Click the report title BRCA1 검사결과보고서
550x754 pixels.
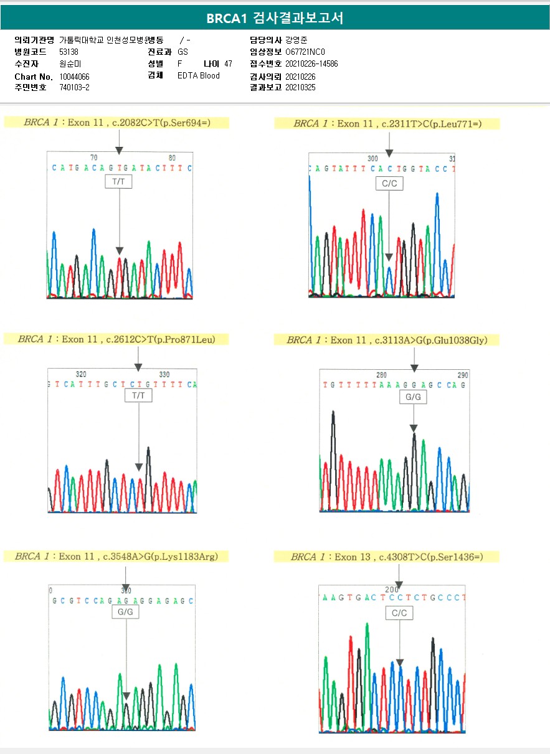point(275,18)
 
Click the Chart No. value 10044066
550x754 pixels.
point(74,77)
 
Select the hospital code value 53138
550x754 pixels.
point(69,52)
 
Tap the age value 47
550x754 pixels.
point(228,64)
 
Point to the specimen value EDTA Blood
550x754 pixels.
point(198,76)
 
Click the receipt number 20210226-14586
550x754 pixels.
point(311,64)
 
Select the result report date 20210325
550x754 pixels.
point(300,88)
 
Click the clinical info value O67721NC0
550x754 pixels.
point(305,52)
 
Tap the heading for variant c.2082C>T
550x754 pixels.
point(116,123)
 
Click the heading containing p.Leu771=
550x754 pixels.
point(387,124)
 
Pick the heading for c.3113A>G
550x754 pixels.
point(387,340)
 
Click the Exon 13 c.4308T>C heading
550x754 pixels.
point(387,557)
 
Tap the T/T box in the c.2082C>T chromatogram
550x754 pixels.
point(119,182)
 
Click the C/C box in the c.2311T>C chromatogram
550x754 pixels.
point(389,183)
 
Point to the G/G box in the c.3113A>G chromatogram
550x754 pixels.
point(412,397)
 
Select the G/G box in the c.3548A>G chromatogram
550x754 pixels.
point(125,612)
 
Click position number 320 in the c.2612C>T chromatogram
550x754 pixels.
point(81,374)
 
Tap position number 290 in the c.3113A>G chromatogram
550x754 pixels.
point(462,375)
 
